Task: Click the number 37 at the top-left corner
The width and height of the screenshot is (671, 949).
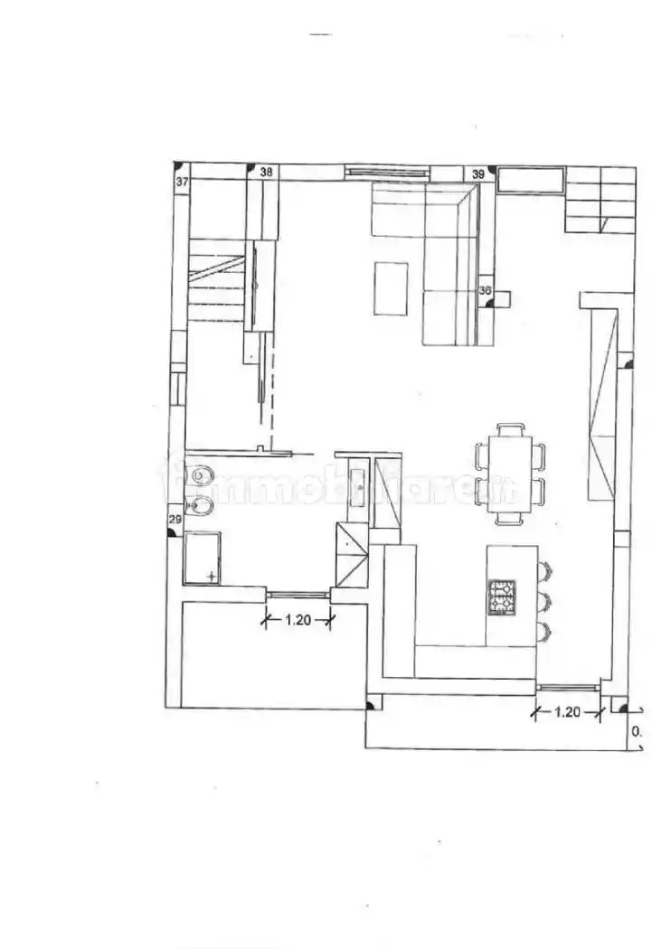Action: coord(182,182)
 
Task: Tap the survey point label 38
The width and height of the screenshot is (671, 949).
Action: coord(266,171)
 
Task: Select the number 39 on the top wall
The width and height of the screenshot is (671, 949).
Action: coord(479,173)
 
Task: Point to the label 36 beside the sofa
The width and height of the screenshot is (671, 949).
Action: coord(485,291)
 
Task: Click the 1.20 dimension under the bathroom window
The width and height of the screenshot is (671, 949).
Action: coord(298,620)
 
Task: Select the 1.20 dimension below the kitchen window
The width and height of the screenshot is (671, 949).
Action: coord(566,711)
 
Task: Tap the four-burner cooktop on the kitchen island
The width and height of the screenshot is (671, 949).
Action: coord(502,597)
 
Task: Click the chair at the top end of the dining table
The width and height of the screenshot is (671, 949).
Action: coord(512,428)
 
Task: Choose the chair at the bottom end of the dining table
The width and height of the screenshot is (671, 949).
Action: coord(512,520)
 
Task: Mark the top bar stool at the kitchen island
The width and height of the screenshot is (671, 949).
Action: coord(544,569)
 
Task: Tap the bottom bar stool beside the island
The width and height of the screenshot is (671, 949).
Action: coord(543,629)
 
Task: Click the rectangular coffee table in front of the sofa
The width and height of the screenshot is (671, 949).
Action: coord(392,288)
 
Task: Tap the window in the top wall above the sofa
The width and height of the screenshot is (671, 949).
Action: coord(386,171)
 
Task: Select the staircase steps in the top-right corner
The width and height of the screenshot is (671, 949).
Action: coord(601,199)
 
